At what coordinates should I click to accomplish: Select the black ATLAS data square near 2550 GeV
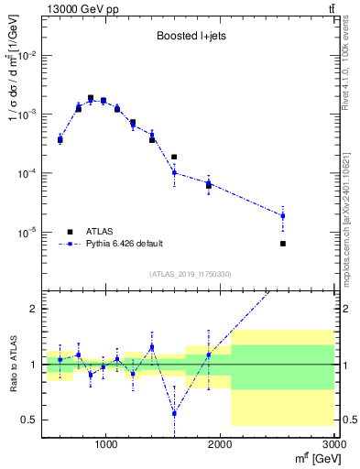coord(283,244)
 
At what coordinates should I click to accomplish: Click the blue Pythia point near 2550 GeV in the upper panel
coord(283,216)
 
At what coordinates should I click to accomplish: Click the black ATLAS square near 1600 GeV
coord(174,157)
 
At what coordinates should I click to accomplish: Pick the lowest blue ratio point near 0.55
coord(174,413)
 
